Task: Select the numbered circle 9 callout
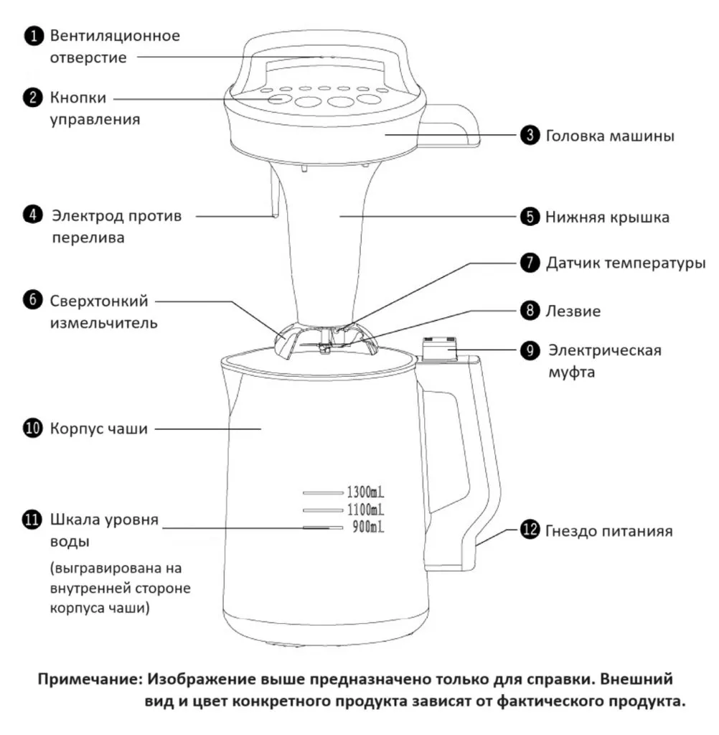coord(530,350)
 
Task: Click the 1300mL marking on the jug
coord(366,492)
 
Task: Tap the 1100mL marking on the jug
coord(366,510)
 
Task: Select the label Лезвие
coord(573,312)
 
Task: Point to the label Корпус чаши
coord(98,429)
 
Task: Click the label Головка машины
coord(609,136)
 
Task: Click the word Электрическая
coord(605,350)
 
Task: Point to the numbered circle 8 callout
coord(530,312)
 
